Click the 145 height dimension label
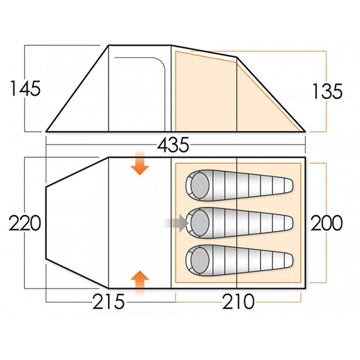(x=25, y=89)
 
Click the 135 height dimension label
(x=327, y=91)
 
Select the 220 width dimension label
(x=25, y=224)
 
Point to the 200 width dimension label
(x=327, y=223)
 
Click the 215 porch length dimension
(x=109, y=301)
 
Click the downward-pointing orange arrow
(x=140, y=164)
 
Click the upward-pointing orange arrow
(x=140, y=282)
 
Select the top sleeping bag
(x=240, y=186)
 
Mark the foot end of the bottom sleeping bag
(x=289, y=259)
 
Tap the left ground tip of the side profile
(x=47, y=130)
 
